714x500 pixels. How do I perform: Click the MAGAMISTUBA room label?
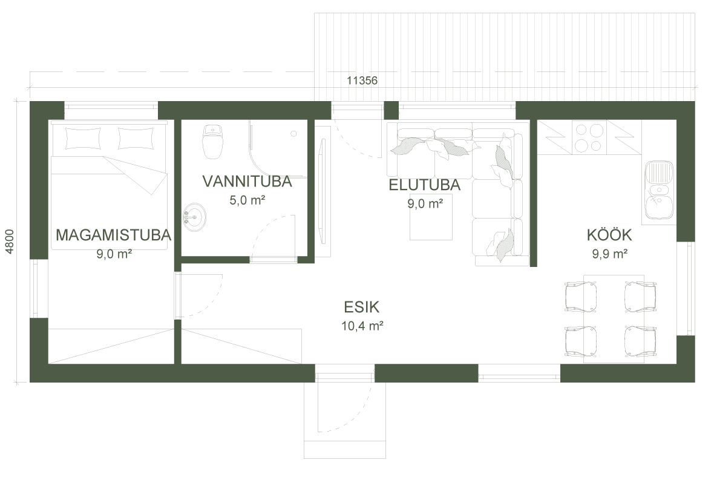[x=113, y=235]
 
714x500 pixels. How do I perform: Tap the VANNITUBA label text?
[x=247, y=182]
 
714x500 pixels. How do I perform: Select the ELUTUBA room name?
[x=425, y=185]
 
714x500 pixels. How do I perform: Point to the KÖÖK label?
[x=609, y=235]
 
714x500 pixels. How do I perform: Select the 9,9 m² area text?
[x=609, y=254]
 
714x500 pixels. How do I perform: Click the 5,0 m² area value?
[x=247, y=200]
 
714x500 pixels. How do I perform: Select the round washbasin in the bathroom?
[x=194, y=216]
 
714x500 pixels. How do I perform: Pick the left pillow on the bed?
[x=82, y=139]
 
